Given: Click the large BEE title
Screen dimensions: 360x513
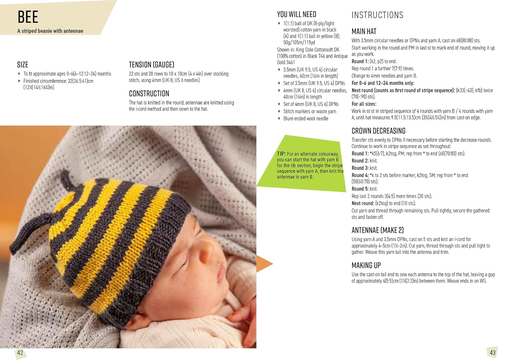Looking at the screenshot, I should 28,17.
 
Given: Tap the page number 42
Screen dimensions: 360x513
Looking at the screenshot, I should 20,353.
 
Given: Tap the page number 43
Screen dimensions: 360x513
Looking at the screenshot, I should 492,353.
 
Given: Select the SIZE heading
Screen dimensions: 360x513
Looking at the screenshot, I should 23,65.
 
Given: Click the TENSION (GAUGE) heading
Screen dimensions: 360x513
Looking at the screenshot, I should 152,65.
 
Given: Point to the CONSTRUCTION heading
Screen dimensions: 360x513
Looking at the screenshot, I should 149,93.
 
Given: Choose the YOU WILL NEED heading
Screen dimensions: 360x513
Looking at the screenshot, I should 297,14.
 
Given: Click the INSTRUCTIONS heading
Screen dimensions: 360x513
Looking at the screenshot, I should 377,15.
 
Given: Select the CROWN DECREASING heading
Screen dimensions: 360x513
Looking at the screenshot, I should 378,131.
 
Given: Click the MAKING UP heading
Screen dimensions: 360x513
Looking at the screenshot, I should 366,265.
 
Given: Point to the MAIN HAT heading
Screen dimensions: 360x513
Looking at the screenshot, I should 364,31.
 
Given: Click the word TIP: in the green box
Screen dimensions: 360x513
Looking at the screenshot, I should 281,154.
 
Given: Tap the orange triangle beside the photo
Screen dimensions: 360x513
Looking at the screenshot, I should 263,263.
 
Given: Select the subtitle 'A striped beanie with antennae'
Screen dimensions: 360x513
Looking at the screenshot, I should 50,31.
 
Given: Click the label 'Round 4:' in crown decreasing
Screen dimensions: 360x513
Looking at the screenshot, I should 360,175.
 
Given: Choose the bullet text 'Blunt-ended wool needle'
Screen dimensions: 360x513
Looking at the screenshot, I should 306,118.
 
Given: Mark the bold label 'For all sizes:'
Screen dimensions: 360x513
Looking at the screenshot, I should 364,104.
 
